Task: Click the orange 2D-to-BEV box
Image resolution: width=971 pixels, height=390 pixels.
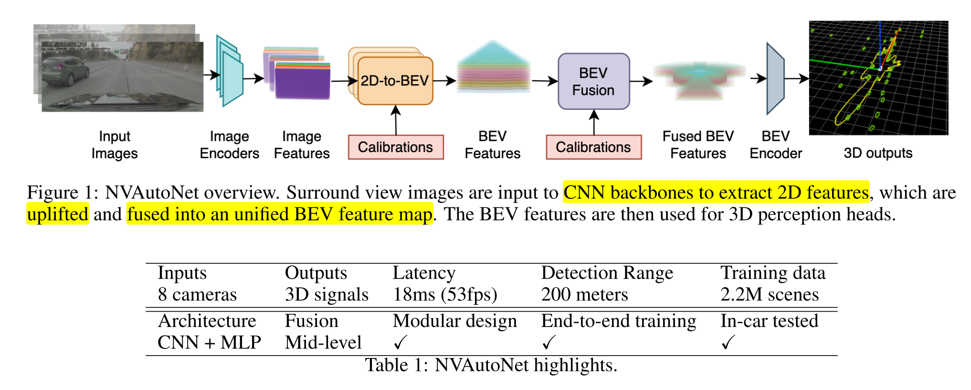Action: click(x=395, y=81)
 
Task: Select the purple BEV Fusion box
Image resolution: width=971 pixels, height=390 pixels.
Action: click(x=594, y=81)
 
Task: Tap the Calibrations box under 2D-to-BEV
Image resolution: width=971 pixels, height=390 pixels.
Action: click(x=396, y=147)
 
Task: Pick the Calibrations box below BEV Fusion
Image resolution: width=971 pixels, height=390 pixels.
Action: click(x=594, y=147)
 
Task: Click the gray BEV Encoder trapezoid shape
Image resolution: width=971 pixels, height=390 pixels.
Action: click(x=775, y=79)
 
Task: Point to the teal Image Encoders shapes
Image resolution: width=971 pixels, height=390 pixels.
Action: click(x=230, y=71)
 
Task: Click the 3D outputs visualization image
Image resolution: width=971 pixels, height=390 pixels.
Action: click(x=878, y=78)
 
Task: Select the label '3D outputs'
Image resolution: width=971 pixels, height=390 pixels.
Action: click(x=878, y=153)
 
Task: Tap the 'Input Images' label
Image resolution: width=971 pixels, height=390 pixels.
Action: click(x=115, y=145)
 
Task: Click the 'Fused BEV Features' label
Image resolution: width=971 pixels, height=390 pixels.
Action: click(x=698, y=145)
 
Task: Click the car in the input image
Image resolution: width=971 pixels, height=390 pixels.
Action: click(x=65, y=71)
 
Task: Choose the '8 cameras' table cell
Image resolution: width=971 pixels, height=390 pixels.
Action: click(x=197, y=294)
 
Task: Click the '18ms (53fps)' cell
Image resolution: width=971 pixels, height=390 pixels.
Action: click(x=445, y=294)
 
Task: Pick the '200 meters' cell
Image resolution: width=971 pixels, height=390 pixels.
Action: click(x=584, y=294)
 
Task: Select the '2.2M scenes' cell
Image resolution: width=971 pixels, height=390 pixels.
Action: click(x=770, y=294)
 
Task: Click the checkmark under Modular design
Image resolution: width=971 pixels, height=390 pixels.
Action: click(x=400, y=342)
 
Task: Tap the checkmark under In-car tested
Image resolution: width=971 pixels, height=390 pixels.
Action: click(x=728, y=342)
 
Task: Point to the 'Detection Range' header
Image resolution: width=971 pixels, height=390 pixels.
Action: click(x=607, y=273)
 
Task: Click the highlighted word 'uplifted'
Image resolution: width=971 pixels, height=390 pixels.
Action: click(x=58, y=214)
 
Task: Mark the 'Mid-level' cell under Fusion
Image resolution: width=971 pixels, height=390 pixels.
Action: click(x=323, y=342)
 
